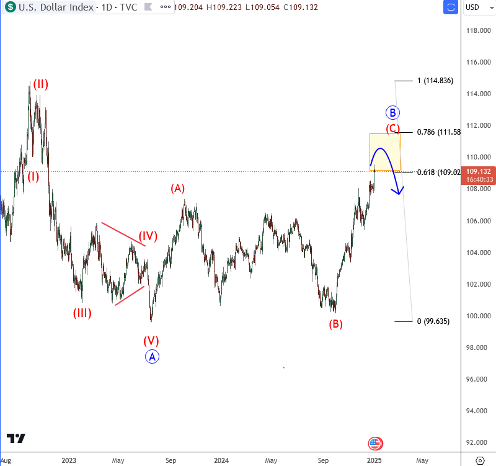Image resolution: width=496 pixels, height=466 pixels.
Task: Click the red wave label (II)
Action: click(41, 84)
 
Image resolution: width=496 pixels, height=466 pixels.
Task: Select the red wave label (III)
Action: click(82, 313)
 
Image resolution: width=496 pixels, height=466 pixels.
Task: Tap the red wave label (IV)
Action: click(148, 236)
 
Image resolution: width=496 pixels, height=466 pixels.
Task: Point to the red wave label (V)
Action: click(151, 340)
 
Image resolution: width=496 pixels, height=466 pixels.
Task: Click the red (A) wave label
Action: click(178, 188)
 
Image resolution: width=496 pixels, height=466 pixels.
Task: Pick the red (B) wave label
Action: click(336, 323)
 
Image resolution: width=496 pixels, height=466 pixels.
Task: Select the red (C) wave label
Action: click(392, 129)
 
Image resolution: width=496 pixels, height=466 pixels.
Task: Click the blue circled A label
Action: click(153, 356)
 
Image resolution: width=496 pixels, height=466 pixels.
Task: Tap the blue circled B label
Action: click(392, 112)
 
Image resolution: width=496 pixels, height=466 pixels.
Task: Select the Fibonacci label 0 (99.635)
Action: click(433, 321)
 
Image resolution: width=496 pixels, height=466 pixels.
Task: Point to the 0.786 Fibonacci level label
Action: click(438, 132)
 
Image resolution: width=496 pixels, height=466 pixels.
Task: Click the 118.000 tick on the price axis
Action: click(479, 30)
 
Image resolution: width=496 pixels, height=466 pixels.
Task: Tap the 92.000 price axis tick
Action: click(479, 442)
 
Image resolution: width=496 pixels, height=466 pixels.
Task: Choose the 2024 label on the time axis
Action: click(221, 460)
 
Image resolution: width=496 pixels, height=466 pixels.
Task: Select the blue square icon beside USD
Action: click(451, 7)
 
